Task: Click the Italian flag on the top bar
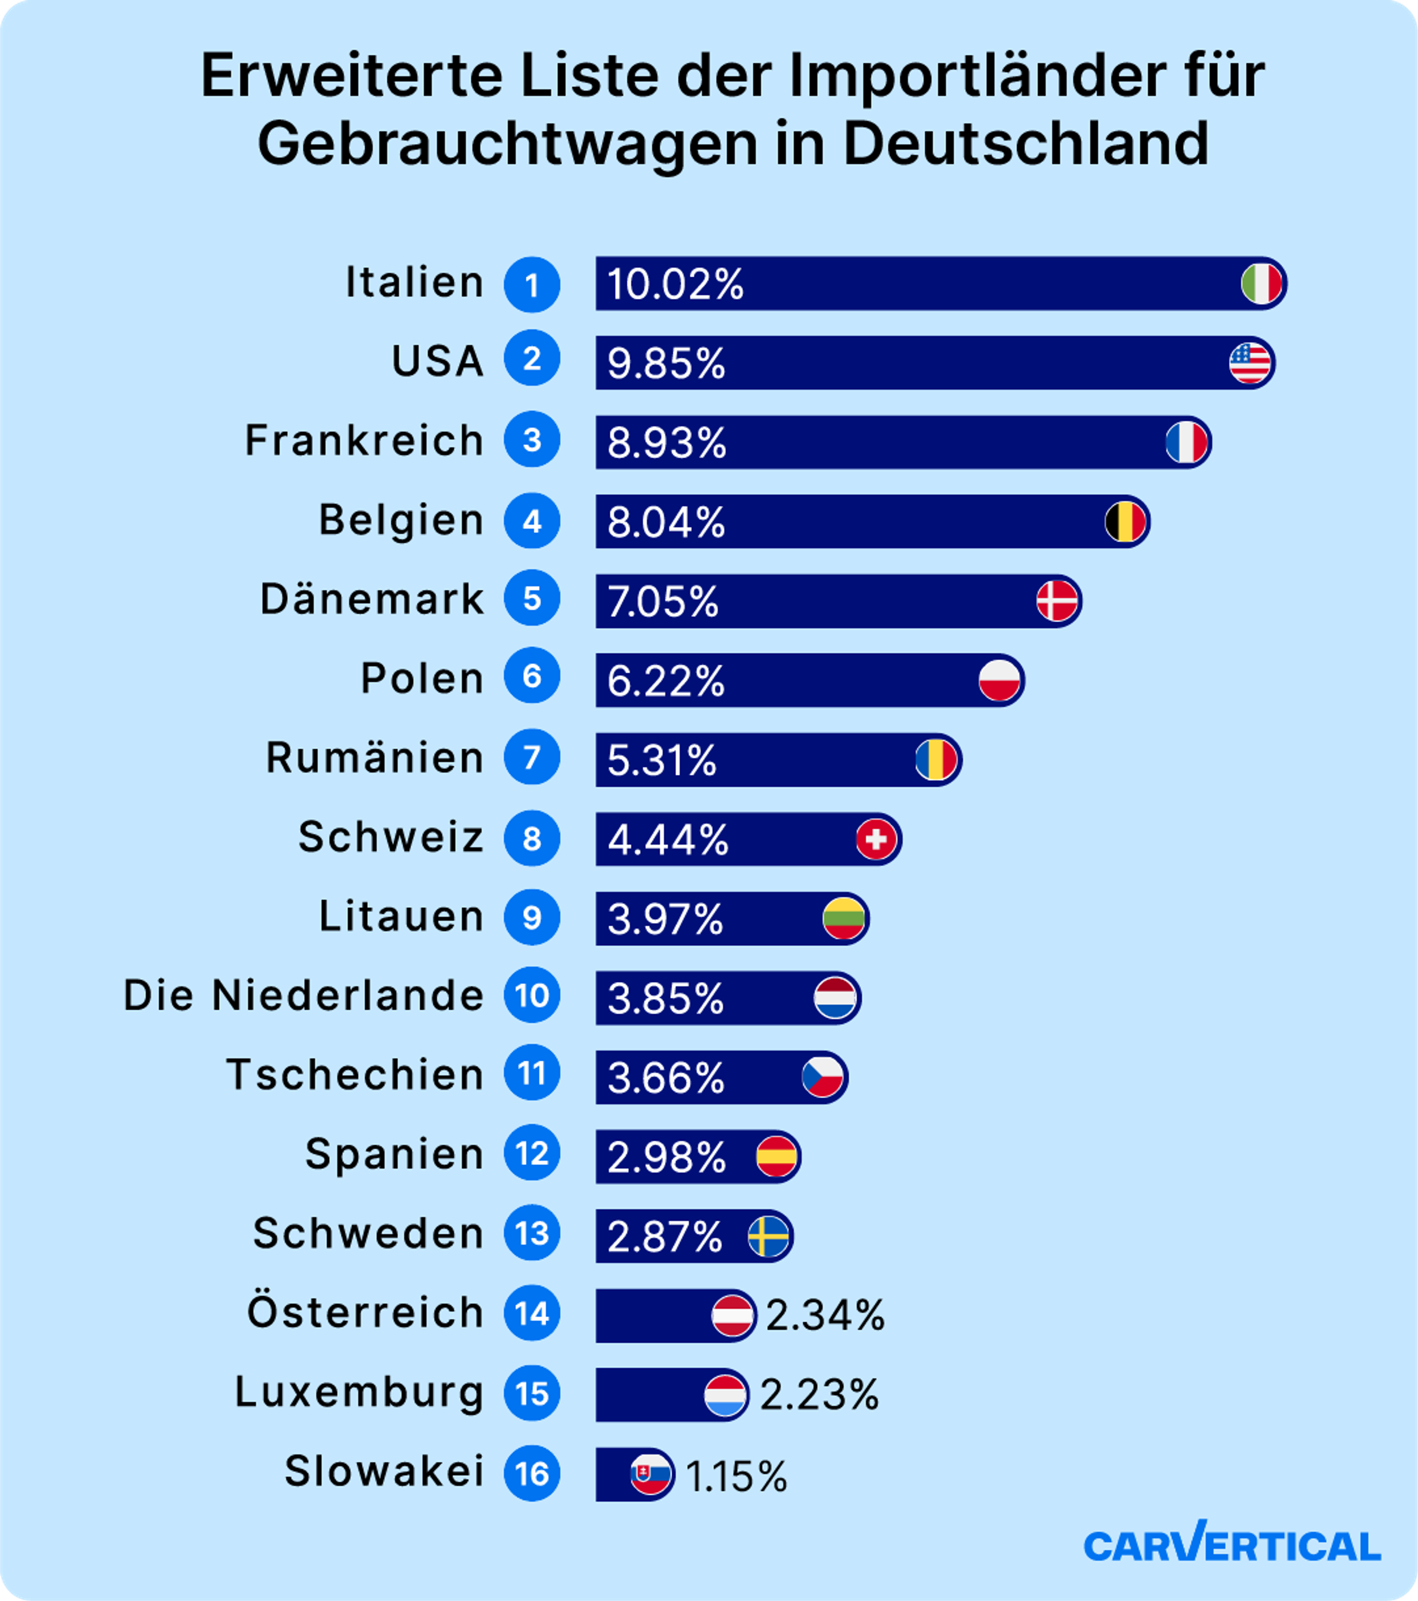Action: click(1261, 284)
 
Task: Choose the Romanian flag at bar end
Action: click(936, 760)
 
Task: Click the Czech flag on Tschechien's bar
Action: click(823, 1077)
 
